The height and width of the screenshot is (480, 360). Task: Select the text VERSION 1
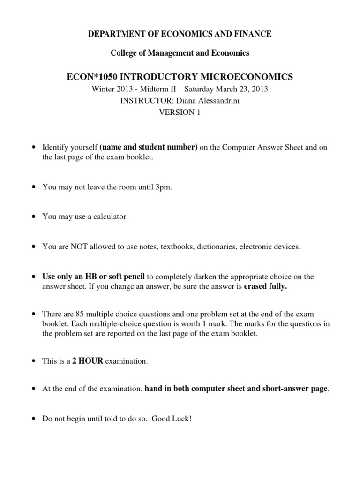pos(180,112)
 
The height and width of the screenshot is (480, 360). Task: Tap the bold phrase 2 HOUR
pos(88,361)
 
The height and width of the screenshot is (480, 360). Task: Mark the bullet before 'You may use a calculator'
pos(33,217)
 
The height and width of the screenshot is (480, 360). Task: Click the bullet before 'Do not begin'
pos(33,418)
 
